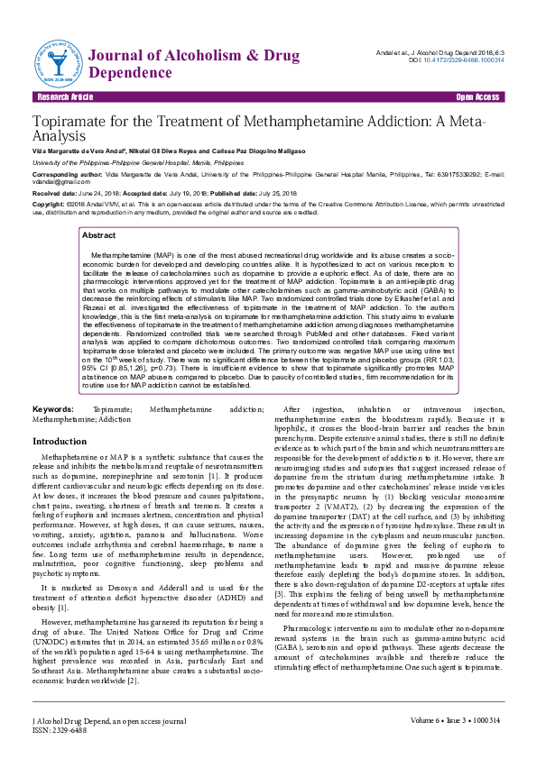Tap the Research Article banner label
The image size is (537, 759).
tap(64, 96)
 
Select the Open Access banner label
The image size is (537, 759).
tap(477, 96)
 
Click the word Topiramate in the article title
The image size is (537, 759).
tap(75, 122)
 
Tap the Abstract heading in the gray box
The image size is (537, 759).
tap(98, 234)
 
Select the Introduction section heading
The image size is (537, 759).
tap(60, 442)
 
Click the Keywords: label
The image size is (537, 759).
tap(52, 409)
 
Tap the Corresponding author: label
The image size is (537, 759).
tap(66, 173)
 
